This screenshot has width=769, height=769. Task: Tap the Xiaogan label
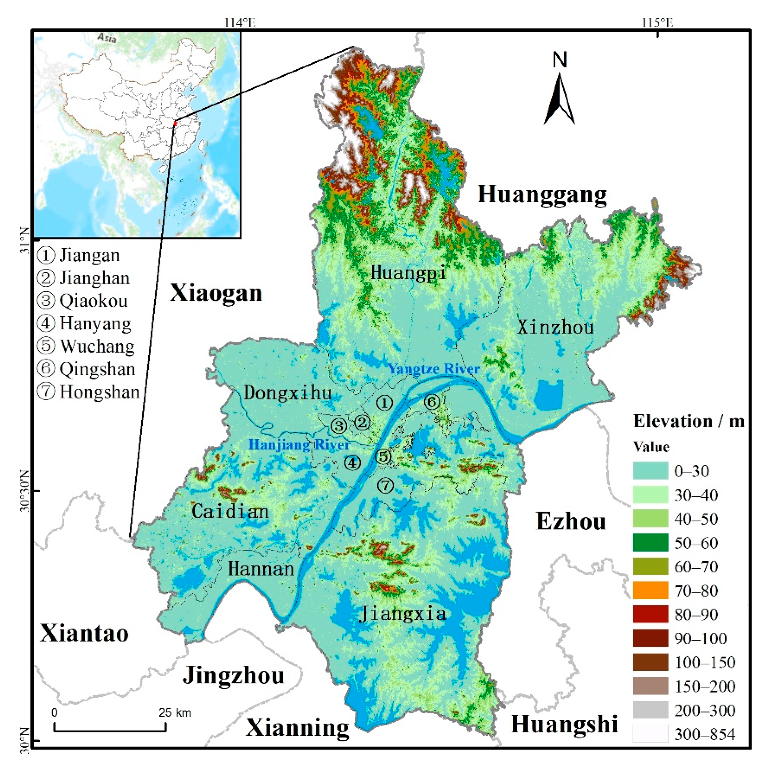click(216, 293)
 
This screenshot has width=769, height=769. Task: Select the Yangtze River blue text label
click(434, 369)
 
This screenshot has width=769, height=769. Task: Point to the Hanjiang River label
click(299, 445)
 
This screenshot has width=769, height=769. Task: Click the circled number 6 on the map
click(432, 402)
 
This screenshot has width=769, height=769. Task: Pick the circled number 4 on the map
click(352, 462)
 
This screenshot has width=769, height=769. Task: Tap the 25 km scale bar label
click(175, 713)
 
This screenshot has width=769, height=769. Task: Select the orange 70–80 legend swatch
click(650, 590)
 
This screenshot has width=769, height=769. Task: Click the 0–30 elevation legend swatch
click(650, 470)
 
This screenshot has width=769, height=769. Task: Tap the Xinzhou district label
click(555, 327)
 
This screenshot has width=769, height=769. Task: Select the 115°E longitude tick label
click(657, 23)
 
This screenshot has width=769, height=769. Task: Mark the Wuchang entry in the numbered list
click(97, 346)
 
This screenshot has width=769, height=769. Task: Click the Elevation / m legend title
click(688, 421)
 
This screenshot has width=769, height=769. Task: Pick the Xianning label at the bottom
click(297, 727)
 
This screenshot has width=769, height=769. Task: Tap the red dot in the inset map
click(175, 123)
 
